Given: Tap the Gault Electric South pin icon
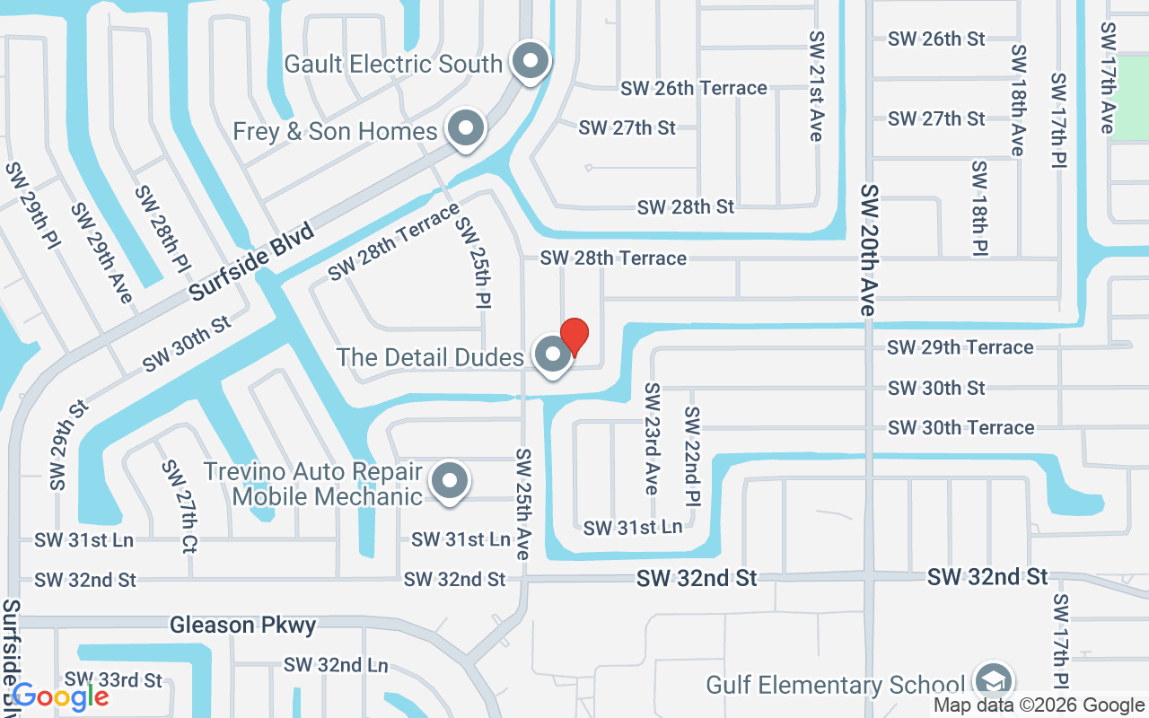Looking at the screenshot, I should [530, 61].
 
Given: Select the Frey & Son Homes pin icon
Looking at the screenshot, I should [465, 129].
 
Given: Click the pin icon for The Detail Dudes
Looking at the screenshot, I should [553, 355].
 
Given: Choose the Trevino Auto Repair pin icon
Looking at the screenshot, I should [449, 481].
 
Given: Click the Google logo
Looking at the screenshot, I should [60, 696].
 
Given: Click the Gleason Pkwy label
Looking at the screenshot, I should [243, 625].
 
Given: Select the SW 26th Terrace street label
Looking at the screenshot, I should [693, 88].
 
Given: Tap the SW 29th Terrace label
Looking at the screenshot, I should [960, 347].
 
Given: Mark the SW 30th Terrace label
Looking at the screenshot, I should [960, 427].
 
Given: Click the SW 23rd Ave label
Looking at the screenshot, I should [652, 439].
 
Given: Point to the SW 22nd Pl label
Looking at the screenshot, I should [692, 455].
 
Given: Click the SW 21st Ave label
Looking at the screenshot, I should [816, 86].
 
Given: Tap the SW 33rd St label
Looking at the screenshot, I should [113, 680].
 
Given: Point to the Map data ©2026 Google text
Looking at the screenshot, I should [1039, 705].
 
